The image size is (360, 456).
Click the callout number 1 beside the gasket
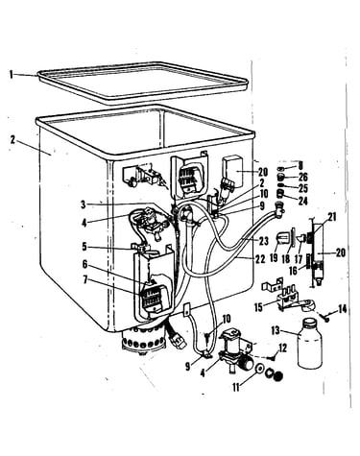12,75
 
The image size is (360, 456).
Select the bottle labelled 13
310,344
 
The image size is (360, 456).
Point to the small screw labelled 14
324,316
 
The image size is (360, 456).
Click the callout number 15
258,307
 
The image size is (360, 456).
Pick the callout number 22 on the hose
260,259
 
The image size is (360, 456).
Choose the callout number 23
263,241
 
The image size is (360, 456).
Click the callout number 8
300,166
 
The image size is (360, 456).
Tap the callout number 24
302,201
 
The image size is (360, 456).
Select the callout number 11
236,388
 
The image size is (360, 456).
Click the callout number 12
282,348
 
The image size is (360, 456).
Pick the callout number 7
84,280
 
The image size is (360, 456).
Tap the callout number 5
84,247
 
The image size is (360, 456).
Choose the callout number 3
84,204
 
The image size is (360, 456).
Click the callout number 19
274,258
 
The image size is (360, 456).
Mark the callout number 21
332,217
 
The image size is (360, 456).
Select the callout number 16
294,271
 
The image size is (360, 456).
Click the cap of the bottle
310,322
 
